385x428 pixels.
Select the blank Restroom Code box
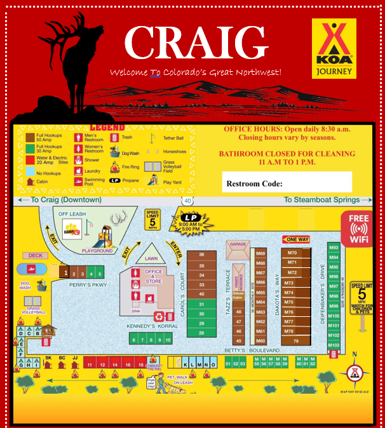click(287, 182)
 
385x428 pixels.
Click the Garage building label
click(238, 244)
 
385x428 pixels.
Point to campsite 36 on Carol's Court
click(202, 255)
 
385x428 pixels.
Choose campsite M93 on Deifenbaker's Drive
click(334, 248)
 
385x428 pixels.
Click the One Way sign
click(295, 239)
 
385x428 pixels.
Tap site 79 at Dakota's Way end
click(295, 341)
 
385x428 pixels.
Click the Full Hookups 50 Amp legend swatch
click(30, 136)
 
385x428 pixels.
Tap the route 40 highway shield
click(187, 201)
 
